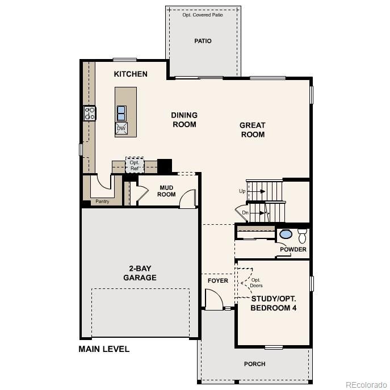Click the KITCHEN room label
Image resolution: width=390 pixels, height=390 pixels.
click(131, 74)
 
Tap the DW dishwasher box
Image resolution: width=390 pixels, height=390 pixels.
click(121, 128)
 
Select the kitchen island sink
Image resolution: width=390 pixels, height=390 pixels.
click(121, 112)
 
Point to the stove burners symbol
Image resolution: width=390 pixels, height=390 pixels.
click(90, 113)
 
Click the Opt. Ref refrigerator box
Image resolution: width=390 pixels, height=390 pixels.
click(135, 165)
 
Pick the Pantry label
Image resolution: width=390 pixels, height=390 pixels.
click(102, 201)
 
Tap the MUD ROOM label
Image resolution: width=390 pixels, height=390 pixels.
click(166, 191)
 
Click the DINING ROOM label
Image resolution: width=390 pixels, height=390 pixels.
click(184, 120)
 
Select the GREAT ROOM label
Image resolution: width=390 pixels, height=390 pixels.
click(253, 130)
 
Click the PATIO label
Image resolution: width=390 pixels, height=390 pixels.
click(203, 41)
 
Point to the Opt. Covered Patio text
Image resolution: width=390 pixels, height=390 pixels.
click(203, 15)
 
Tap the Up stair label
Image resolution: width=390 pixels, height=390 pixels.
click(242, 191)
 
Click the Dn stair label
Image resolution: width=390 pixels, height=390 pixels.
click(245, 213)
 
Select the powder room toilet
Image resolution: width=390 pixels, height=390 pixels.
click(302, 235)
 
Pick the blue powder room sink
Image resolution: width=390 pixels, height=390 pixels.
click(286, 234)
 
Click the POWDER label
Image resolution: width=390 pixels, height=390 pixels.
click(293, 249)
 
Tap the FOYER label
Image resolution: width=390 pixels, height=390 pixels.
click(217, 281)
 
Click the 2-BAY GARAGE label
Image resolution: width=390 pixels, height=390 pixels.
click(140, 273)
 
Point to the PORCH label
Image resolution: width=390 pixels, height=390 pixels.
click(254, 364)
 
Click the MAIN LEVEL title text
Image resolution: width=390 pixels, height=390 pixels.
click(104, 349)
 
